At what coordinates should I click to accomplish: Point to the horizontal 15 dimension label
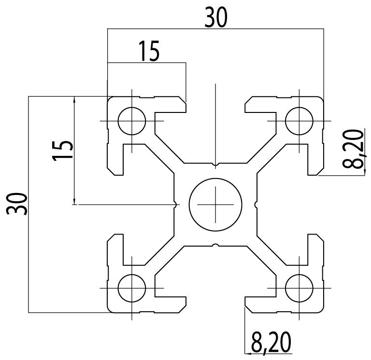pos(148,52)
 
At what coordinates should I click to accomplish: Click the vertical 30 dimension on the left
pos(16,204)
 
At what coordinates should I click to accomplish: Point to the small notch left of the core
pos(174,205)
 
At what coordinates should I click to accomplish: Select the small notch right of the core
pos(256,205)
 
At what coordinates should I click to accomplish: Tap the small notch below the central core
pos(215,245)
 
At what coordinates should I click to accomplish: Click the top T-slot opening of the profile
pos(215,104)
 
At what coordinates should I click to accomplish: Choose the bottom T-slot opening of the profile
pos(215,304)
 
